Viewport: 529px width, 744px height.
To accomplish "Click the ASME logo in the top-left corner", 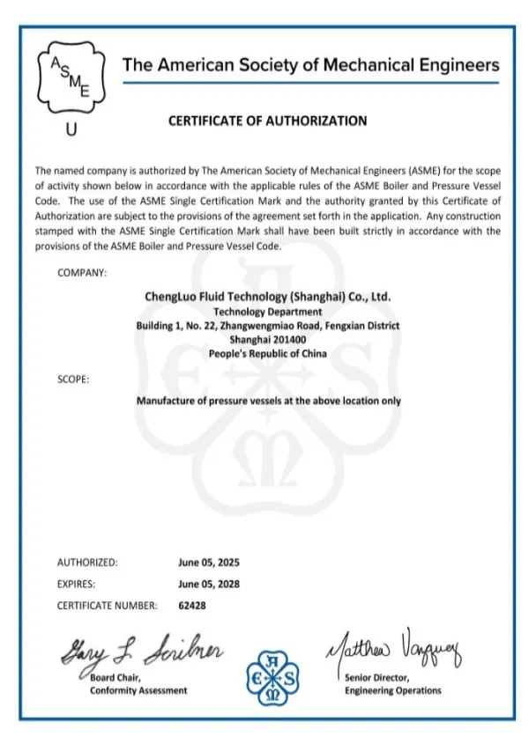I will click(70, 76).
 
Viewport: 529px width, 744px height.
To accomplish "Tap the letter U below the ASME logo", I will click(71, 130).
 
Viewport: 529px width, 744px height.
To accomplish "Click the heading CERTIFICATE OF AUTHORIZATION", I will click(267, 121).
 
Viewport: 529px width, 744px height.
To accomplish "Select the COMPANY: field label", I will click(82, 273).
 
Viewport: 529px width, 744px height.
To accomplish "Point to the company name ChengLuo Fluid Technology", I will click(267, 297).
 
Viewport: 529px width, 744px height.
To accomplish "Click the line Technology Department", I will click(267, 311).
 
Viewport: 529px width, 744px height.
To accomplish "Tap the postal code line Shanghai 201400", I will click(267, 339).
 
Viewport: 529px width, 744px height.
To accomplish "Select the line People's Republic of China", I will click(267, 353).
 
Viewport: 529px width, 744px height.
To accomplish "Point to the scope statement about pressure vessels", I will click(268, 401).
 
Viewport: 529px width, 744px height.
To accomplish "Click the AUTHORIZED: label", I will click(87, 562).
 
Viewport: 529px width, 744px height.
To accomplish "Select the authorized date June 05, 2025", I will click(209, 562).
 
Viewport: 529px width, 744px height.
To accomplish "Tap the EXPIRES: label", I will click(77, 583).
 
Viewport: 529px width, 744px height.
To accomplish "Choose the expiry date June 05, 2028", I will click(209, 583).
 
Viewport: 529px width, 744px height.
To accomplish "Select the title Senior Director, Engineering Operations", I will click(392, 684).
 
